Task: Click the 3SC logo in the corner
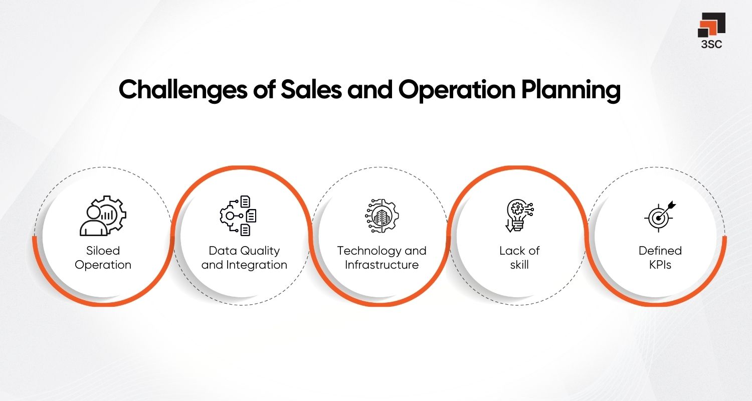(711, 25)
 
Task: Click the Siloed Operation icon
(103, 215)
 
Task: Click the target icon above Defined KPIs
(660, 216)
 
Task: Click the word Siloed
(103, 251)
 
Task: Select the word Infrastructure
(382, 265)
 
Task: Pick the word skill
(519, 265)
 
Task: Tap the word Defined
(660, 251)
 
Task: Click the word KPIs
(660, 265)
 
